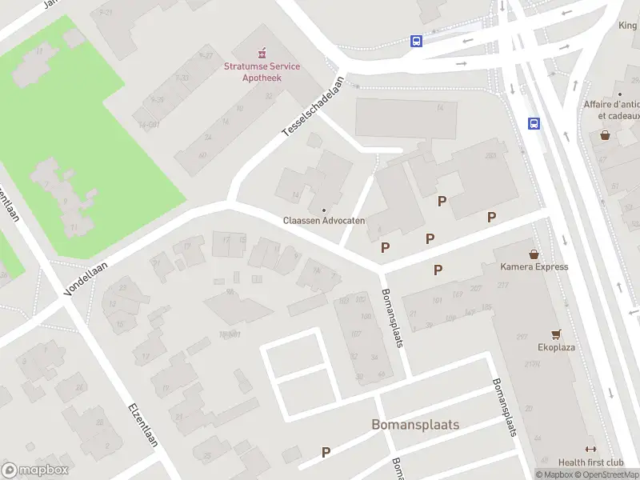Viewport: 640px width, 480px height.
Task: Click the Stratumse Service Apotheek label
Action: pos(262,72)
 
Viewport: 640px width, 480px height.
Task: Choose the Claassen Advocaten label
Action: pos(324,220)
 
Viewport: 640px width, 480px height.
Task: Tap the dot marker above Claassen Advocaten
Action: pos(324,210)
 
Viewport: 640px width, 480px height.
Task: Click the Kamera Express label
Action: pos(534,266)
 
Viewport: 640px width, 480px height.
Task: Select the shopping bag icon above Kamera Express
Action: pos(534,254)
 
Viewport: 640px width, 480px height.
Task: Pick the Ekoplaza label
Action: pos(556,347)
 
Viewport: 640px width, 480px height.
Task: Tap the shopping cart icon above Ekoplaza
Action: pos(555,334)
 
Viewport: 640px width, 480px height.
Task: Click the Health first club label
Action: pos(590,462)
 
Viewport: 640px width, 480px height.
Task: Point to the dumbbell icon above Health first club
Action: pos(590,449)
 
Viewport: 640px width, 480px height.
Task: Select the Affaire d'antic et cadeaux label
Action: pos(611,110)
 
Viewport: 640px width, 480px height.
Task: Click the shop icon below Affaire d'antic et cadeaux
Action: pos(606,135)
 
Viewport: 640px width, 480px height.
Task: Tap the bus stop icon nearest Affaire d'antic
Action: pos(534,123)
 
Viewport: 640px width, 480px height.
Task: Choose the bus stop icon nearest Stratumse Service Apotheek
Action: pos(416,42)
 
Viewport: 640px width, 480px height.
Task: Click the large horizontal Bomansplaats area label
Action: pos(415,424)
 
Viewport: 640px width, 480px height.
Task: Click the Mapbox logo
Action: pos(34,470)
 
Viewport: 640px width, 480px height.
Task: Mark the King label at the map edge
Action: pos(627,26)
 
